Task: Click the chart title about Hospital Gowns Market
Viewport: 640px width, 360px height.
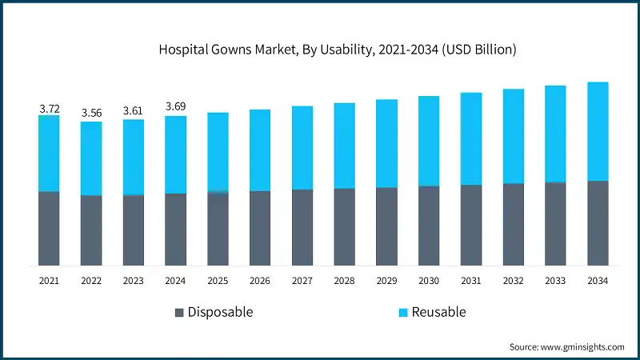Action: [x=320, y=50]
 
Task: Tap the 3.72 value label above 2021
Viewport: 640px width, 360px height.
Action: [x=49, y=107]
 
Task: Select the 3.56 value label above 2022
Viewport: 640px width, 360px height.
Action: [x=91, y=113]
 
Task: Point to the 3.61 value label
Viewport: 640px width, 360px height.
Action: [x=134, y=111]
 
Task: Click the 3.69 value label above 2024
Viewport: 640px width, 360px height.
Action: [x=176, y=107]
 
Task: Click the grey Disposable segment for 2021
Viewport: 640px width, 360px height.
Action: [x=49, y=228]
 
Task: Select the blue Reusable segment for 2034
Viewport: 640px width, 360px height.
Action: [x=598, y=131]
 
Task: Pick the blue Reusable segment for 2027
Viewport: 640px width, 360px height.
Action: [x=302, y=147]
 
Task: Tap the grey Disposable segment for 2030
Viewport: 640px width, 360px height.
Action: [x=429, y=226]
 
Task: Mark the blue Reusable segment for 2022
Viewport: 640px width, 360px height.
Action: [x=91, y=158]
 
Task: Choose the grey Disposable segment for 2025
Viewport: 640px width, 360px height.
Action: [x=218, y=229]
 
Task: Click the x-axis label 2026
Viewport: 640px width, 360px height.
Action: [x=260, y=281]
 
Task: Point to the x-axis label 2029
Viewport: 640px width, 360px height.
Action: [x=386, y=281]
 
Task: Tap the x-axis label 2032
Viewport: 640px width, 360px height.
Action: [x=513, y=281]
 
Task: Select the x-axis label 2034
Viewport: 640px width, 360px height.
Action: [x=598, y=281]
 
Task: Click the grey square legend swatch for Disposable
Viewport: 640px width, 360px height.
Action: [x=179, y=312]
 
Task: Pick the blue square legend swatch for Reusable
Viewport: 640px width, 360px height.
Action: [x=403, y=312]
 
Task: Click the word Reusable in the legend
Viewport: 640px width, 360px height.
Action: [x=438, y=312]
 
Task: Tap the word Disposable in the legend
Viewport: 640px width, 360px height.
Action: [x=220, y=312]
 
